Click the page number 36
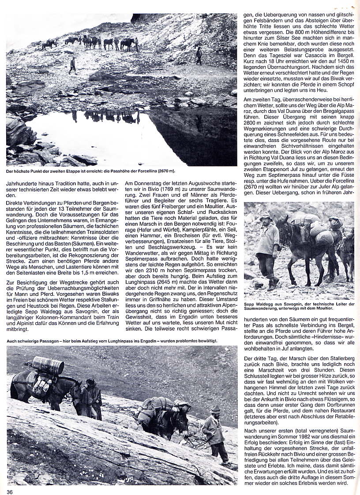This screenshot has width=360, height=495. coord(9,491)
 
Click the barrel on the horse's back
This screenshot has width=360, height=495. coord(48,365)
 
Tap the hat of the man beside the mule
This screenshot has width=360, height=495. coord(266,216)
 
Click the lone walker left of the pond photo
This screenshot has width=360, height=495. coord(72,65)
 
